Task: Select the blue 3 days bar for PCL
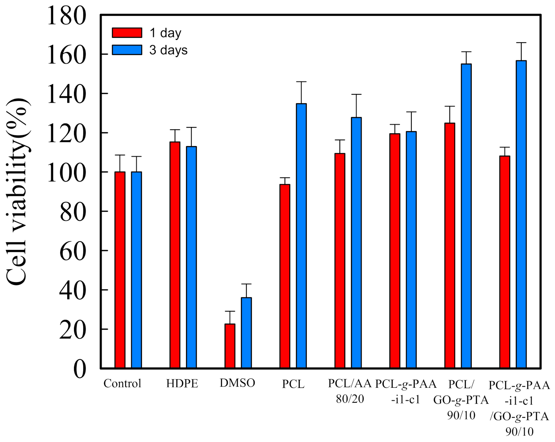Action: click(x=301, y=236)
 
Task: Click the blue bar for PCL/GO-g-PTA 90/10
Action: click(x=466, y=215)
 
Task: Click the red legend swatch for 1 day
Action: click(x=127, y=33)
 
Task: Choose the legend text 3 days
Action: click(x=169, y=50)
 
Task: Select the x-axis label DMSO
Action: click(x=237, y=383)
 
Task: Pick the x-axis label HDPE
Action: click(x=182, y=383)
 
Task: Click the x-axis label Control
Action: click(x=122, y=383)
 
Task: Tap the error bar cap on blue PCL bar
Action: click(x=301, y=82)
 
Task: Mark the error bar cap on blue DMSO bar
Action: click(x=246, y=284)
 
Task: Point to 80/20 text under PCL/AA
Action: click(x=350, y=399)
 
